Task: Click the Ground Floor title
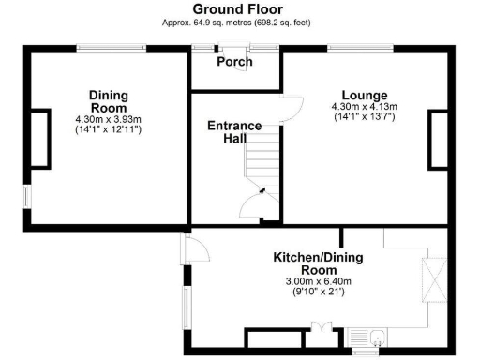(x=239, y=8)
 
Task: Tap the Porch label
(x=234, y=63)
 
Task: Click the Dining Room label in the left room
(x=108, y=100)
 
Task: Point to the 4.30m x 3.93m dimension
(x=108, y=119)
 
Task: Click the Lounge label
(x=364, y=95)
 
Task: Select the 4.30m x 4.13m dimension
(x=364, y=108)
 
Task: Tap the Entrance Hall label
(x=235, y=131)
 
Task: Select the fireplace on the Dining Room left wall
(x=40, y=139)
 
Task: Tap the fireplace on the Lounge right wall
(x=438, y=140)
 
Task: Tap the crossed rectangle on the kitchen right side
(x=435, y=281)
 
